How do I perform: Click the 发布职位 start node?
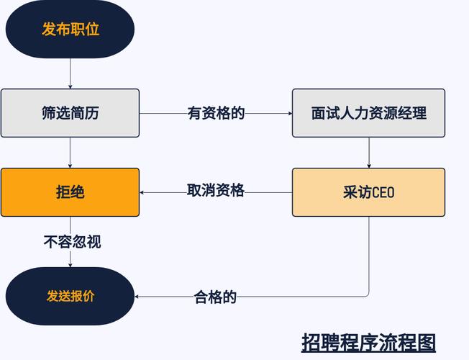tap(70, 30)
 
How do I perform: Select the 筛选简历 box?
tap(70, 113)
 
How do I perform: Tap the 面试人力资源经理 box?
tap(368, 113)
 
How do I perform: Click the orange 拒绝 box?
tap(70, 192)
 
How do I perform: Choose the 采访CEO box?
tap(368, 192)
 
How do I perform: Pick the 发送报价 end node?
tap(70, 296)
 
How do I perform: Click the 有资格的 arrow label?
tap(216, 113)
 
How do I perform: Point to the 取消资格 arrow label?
tap(216, 191)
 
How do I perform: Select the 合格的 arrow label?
tap(215, 296)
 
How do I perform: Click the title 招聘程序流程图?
tap(368, 341)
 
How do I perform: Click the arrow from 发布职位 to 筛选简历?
tap(70, 73)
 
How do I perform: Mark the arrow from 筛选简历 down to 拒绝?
tap(70, 153)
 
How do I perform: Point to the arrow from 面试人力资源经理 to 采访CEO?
tap(369, 153)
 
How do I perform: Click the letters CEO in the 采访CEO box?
tap(383, 193)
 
